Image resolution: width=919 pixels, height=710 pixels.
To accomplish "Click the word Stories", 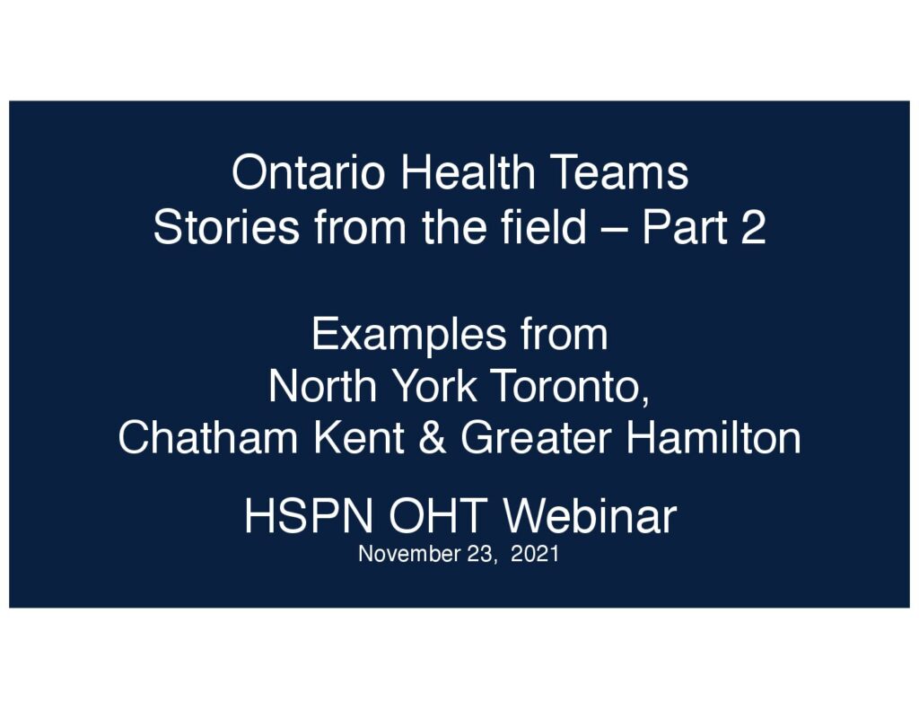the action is [x=226, y=227].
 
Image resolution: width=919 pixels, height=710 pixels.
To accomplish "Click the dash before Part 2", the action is [x=614, y=230].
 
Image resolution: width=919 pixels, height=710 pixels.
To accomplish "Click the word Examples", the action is [x=409, y=335].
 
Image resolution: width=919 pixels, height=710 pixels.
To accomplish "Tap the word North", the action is [x=322, y=386].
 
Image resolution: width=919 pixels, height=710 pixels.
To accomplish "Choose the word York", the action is [x=434, y=386].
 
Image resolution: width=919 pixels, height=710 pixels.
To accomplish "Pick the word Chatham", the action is [x=208, y=437].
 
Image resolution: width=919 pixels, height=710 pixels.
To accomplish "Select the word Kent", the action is [x=360, y=437].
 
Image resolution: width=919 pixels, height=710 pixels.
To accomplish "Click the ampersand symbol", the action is [x=433, y=437].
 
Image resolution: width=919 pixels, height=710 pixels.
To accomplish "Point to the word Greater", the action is [x=537, y=437].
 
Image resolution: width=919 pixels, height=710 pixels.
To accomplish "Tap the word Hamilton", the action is [x=713, y=437].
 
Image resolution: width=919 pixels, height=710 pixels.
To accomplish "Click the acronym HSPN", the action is [x=309, y=516].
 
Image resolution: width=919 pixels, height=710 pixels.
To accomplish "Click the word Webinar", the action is [x=591, y=516].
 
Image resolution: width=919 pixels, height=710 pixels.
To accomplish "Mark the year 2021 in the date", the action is [x=535, y=554].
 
